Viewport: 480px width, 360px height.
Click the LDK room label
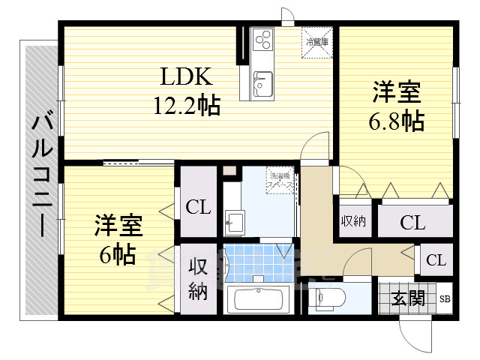pos(186,77)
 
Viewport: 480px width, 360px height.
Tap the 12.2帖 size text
pos(186,106)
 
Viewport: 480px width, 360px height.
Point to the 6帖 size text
pos(118,255)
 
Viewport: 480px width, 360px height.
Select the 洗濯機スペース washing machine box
pos(279,181)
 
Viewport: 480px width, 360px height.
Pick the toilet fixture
pos(327,298)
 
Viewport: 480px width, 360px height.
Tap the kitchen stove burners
pos(263,39)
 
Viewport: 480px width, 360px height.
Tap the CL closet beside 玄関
pos(436,260)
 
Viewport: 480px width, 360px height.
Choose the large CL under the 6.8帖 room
pos(412,222)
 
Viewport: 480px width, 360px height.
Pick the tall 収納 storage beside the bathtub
pos(197,278)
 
